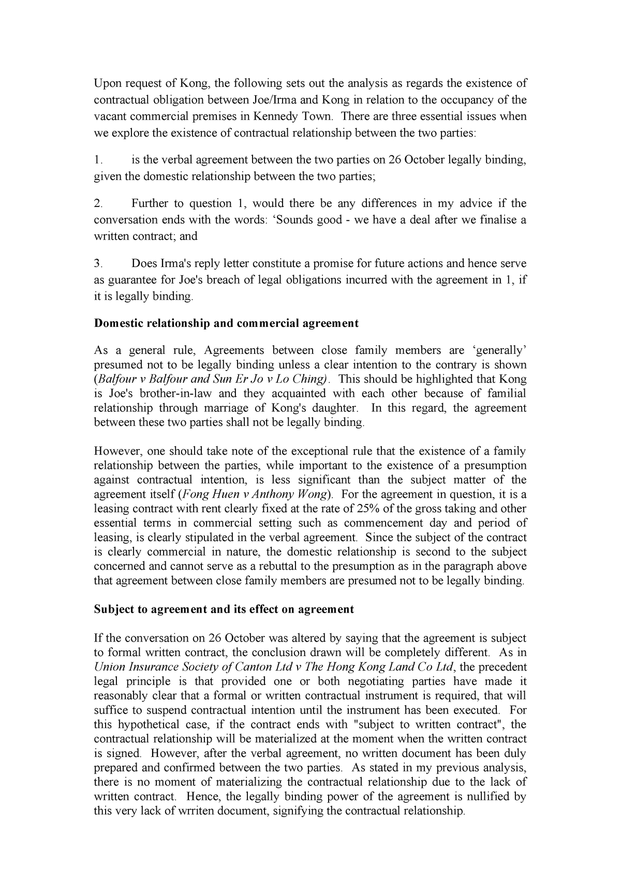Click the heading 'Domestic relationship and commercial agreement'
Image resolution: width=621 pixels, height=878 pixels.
(226, 323)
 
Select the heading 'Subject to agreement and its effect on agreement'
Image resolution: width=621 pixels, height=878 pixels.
(224, 609)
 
